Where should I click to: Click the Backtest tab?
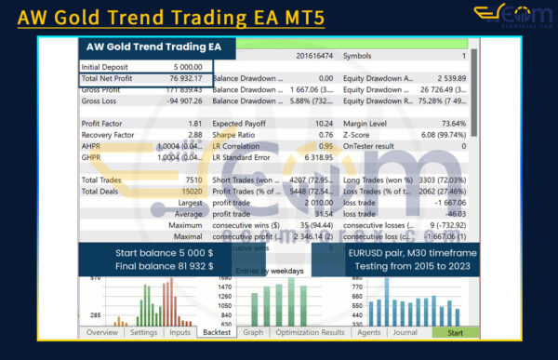click(217, 332)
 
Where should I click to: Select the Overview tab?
click(102, 332)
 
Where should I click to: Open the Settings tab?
click(143, 332)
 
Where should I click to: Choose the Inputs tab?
click(180, 332)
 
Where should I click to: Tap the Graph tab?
click(253, 332)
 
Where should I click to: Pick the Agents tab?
click(369, 332)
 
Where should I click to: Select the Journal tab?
click(405, 332)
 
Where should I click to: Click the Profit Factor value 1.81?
click(195, 123)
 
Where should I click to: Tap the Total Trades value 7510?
click(193, 179)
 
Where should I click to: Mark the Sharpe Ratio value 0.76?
click(325, 134)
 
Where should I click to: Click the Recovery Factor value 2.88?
click(195, 134)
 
